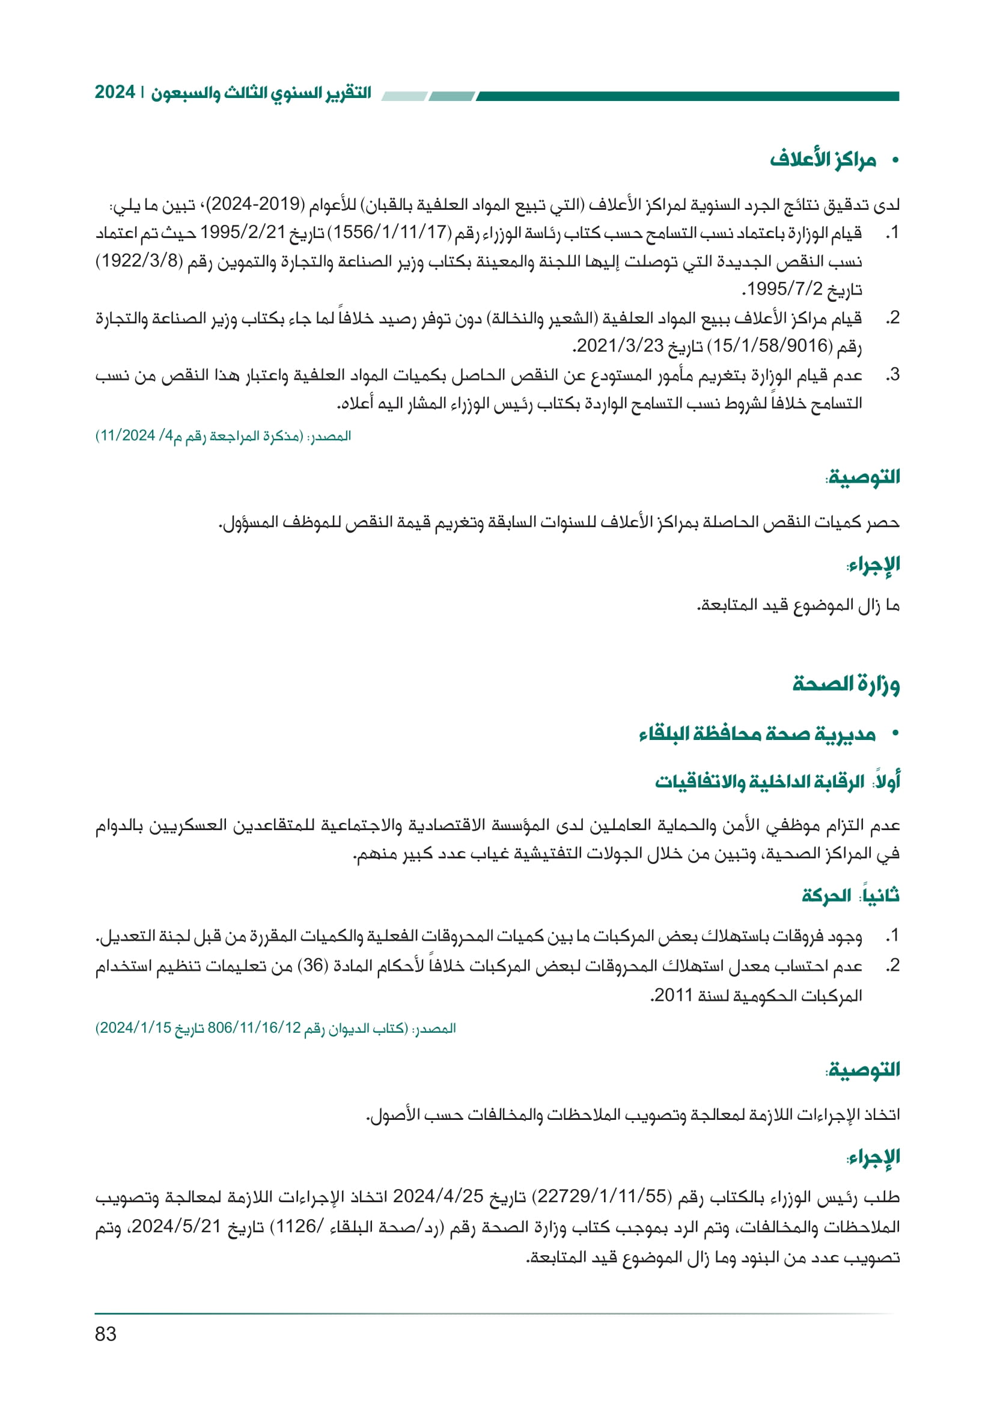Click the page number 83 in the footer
click(105, 1334)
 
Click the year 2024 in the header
click(114, 93)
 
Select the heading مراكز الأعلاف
click(823, 160)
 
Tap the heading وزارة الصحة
click(846, 684)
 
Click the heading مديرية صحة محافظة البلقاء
click(757, 733)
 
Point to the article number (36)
click(314, 966)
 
